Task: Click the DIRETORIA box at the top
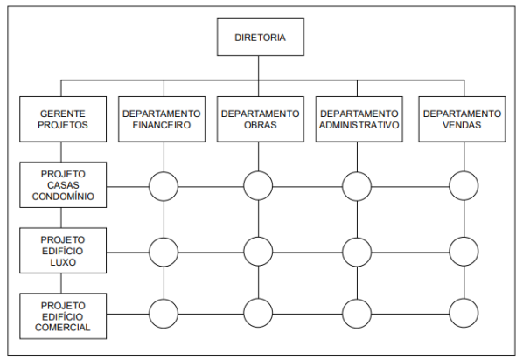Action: (x=260, y=37)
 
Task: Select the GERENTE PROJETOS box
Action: (x=63, y=119)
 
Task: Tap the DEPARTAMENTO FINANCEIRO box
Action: (x=162, y=119)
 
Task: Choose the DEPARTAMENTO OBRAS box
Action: (x=260, y=119)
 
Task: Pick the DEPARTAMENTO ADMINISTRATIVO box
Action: (x=359, y=119)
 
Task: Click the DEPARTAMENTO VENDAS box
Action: (x=462, y=119)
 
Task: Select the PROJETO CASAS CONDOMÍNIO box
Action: (x=63, y=184)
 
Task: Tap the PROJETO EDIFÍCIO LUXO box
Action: (x=63, y=251)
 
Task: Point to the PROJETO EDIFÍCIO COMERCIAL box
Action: (x=63, y=316)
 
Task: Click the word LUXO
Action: (x=63, y=262)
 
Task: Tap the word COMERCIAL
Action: (x=63, y=328)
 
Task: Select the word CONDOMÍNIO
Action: (x=63, y=196)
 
